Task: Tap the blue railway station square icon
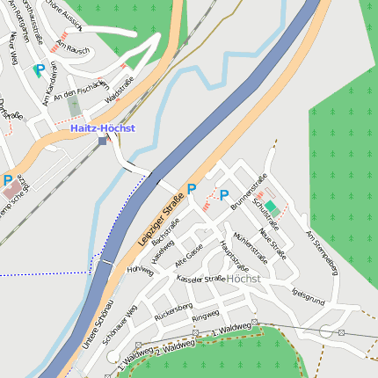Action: point(103,141)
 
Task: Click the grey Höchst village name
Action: point(244,278)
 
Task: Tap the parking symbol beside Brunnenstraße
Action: point(223,195)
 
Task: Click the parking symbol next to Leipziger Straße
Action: point(192,189)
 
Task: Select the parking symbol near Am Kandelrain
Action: point(39,69)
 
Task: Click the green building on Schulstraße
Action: point(273,207)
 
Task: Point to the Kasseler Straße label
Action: point(200,278)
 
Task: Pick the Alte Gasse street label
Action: point(189,257)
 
